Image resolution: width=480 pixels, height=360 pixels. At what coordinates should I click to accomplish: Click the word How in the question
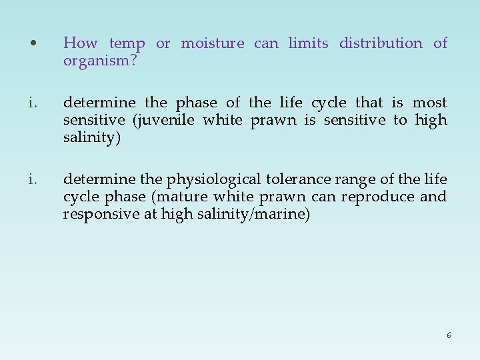click(80, 44)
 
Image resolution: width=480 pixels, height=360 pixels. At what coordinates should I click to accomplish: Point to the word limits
click(308, 44)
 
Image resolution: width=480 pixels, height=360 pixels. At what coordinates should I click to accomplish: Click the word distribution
click(381, 44)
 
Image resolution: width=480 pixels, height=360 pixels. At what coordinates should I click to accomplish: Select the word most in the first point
click(430, 103)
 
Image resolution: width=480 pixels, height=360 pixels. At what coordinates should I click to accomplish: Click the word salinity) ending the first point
click(91, 137)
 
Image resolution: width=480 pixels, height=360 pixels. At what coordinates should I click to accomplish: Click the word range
click(353, 180)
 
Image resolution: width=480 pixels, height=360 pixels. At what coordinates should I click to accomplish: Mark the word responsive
click(99, 215)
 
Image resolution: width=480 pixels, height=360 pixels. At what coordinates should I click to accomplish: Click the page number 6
click(449, 335)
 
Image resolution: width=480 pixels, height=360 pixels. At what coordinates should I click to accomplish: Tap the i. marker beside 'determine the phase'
click(33, 103)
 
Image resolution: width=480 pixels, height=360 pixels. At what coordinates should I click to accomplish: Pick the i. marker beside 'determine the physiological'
click(33, 180)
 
